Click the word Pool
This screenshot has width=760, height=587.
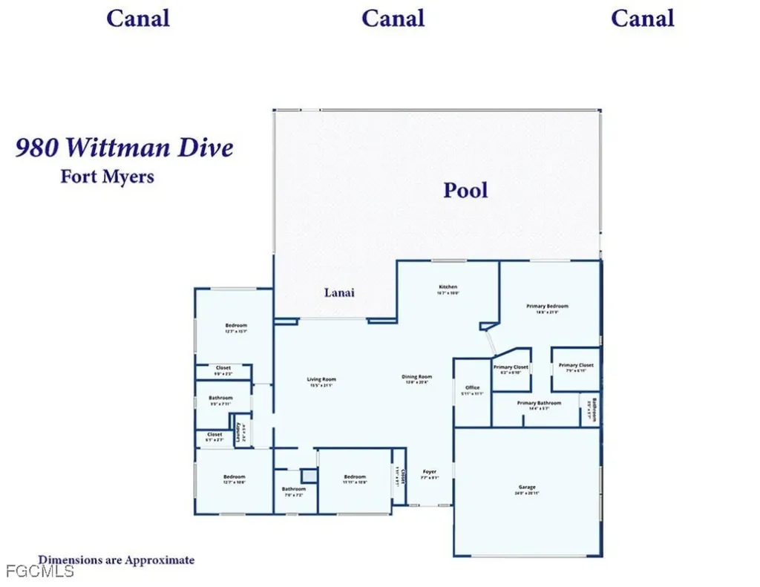pos(465,190)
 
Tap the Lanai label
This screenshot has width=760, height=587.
pos(339,292)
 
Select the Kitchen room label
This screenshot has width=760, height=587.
pos(448,286)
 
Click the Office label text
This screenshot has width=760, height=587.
pos(473,387)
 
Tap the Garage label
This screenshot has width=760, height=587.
pos(527,488)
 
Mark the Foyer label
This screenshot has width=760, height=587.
pos(430,471)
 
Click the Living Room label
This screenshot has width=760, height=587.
pos(321,379)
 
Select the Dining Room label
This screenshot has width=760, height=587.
pos(418,376)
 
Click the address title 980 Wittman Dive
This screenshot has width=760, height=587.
pos(125,148)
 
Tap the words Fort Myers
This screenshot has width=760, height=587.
pos(107,177)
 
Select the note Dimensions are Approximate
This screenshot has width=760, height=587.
pos(117,560)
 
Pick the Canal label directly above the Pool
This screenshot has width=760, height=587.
pos(393,18)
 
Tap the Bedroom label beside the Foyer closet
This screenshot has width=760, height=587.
pos(355,476)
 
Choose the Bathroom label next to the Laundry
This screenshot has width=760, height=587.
pos(220,398)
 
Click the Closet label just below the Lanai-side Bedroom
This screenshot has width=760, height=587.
pos(223,367)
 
